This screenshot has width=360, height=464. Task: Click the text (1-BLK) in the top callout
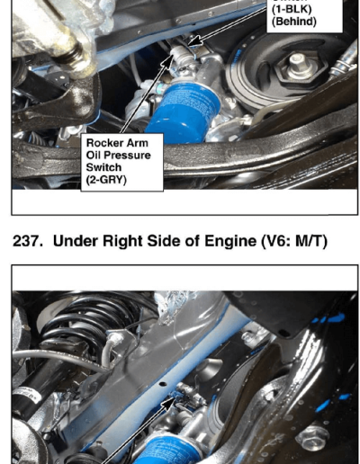tap(292, 9)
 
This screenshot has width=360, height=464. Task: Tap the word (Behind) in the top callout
tap(294, 22)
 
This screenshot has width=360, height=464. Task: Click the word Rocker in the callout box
tap(102, 143)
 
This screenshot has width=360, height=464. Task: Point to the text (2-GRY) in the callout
tap(106, 180)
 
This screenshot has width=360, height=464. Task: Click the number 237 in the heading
tap(27, 241)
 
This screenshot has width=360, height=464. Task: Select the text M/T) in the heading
tap(311, 241)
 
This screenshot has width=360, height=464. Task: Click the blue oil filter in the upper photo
tap(183, 112)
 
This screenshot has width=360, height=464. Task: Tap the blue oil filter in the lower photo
tap(169, 450)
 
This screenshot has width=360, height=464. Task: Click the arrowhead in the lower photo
tap(168, 404)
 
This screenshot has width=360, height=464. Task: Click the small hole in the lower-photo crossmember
tap(163, 384)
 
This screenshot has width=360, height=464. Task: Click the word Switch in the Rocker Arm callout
tap(103, 167)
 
